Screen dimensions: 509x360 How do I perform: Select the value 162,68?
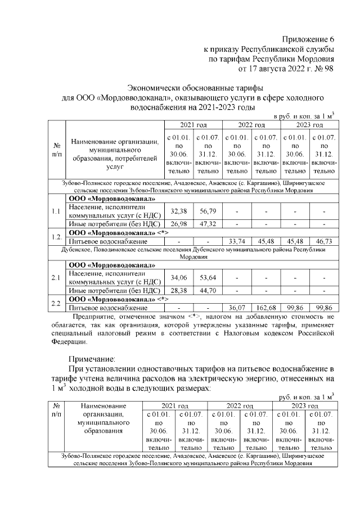click(x=265, y=308)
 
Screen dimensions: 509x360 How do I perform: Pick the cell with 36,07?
click(x=237, y=308)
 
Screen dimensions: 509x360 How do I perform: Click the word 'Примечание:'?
click(x=92, y=358)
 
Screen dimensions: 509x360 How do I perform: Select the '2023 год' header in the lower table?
click(x=307, y=406)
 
